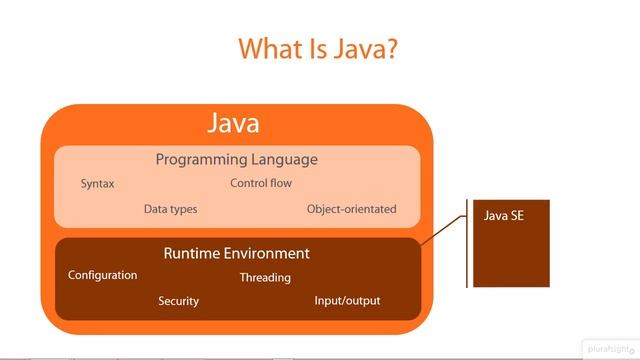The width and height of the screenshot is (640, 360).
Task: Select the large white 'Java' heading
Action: (233, 123)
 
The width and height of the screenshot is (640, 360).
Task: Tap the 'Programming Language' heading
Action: (236, 159)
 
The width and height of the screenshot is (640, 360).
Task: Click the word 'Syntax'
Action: (97, 184)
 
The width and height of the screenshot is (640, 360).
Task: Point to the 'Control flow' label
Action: (261, 183)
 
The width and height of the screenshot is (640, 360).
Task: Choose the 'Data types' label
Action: (170, 209)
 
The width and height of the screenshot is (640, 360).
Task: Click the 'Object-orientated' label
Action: (351, 209)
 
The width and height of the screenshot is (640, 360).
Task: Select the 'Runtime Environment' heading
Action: (236, 253)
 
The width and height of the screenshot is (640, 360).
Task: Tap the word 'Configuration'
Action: (102, 275)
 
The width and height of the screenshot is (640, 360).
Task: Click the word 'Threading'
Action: (265, 277)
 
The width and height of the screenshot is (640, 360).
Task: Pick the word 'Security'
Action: (178, 301)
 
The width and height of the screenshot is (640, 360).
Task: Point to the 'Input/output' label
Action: (347, 301)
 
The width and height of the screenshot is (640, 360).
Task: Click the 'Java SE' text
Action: (503, 215)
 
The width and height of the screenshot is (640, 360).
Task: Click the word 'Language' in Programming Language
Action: (287, 159)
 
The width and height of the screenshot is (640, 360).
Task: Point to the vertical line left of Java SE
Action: (467, 244)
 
